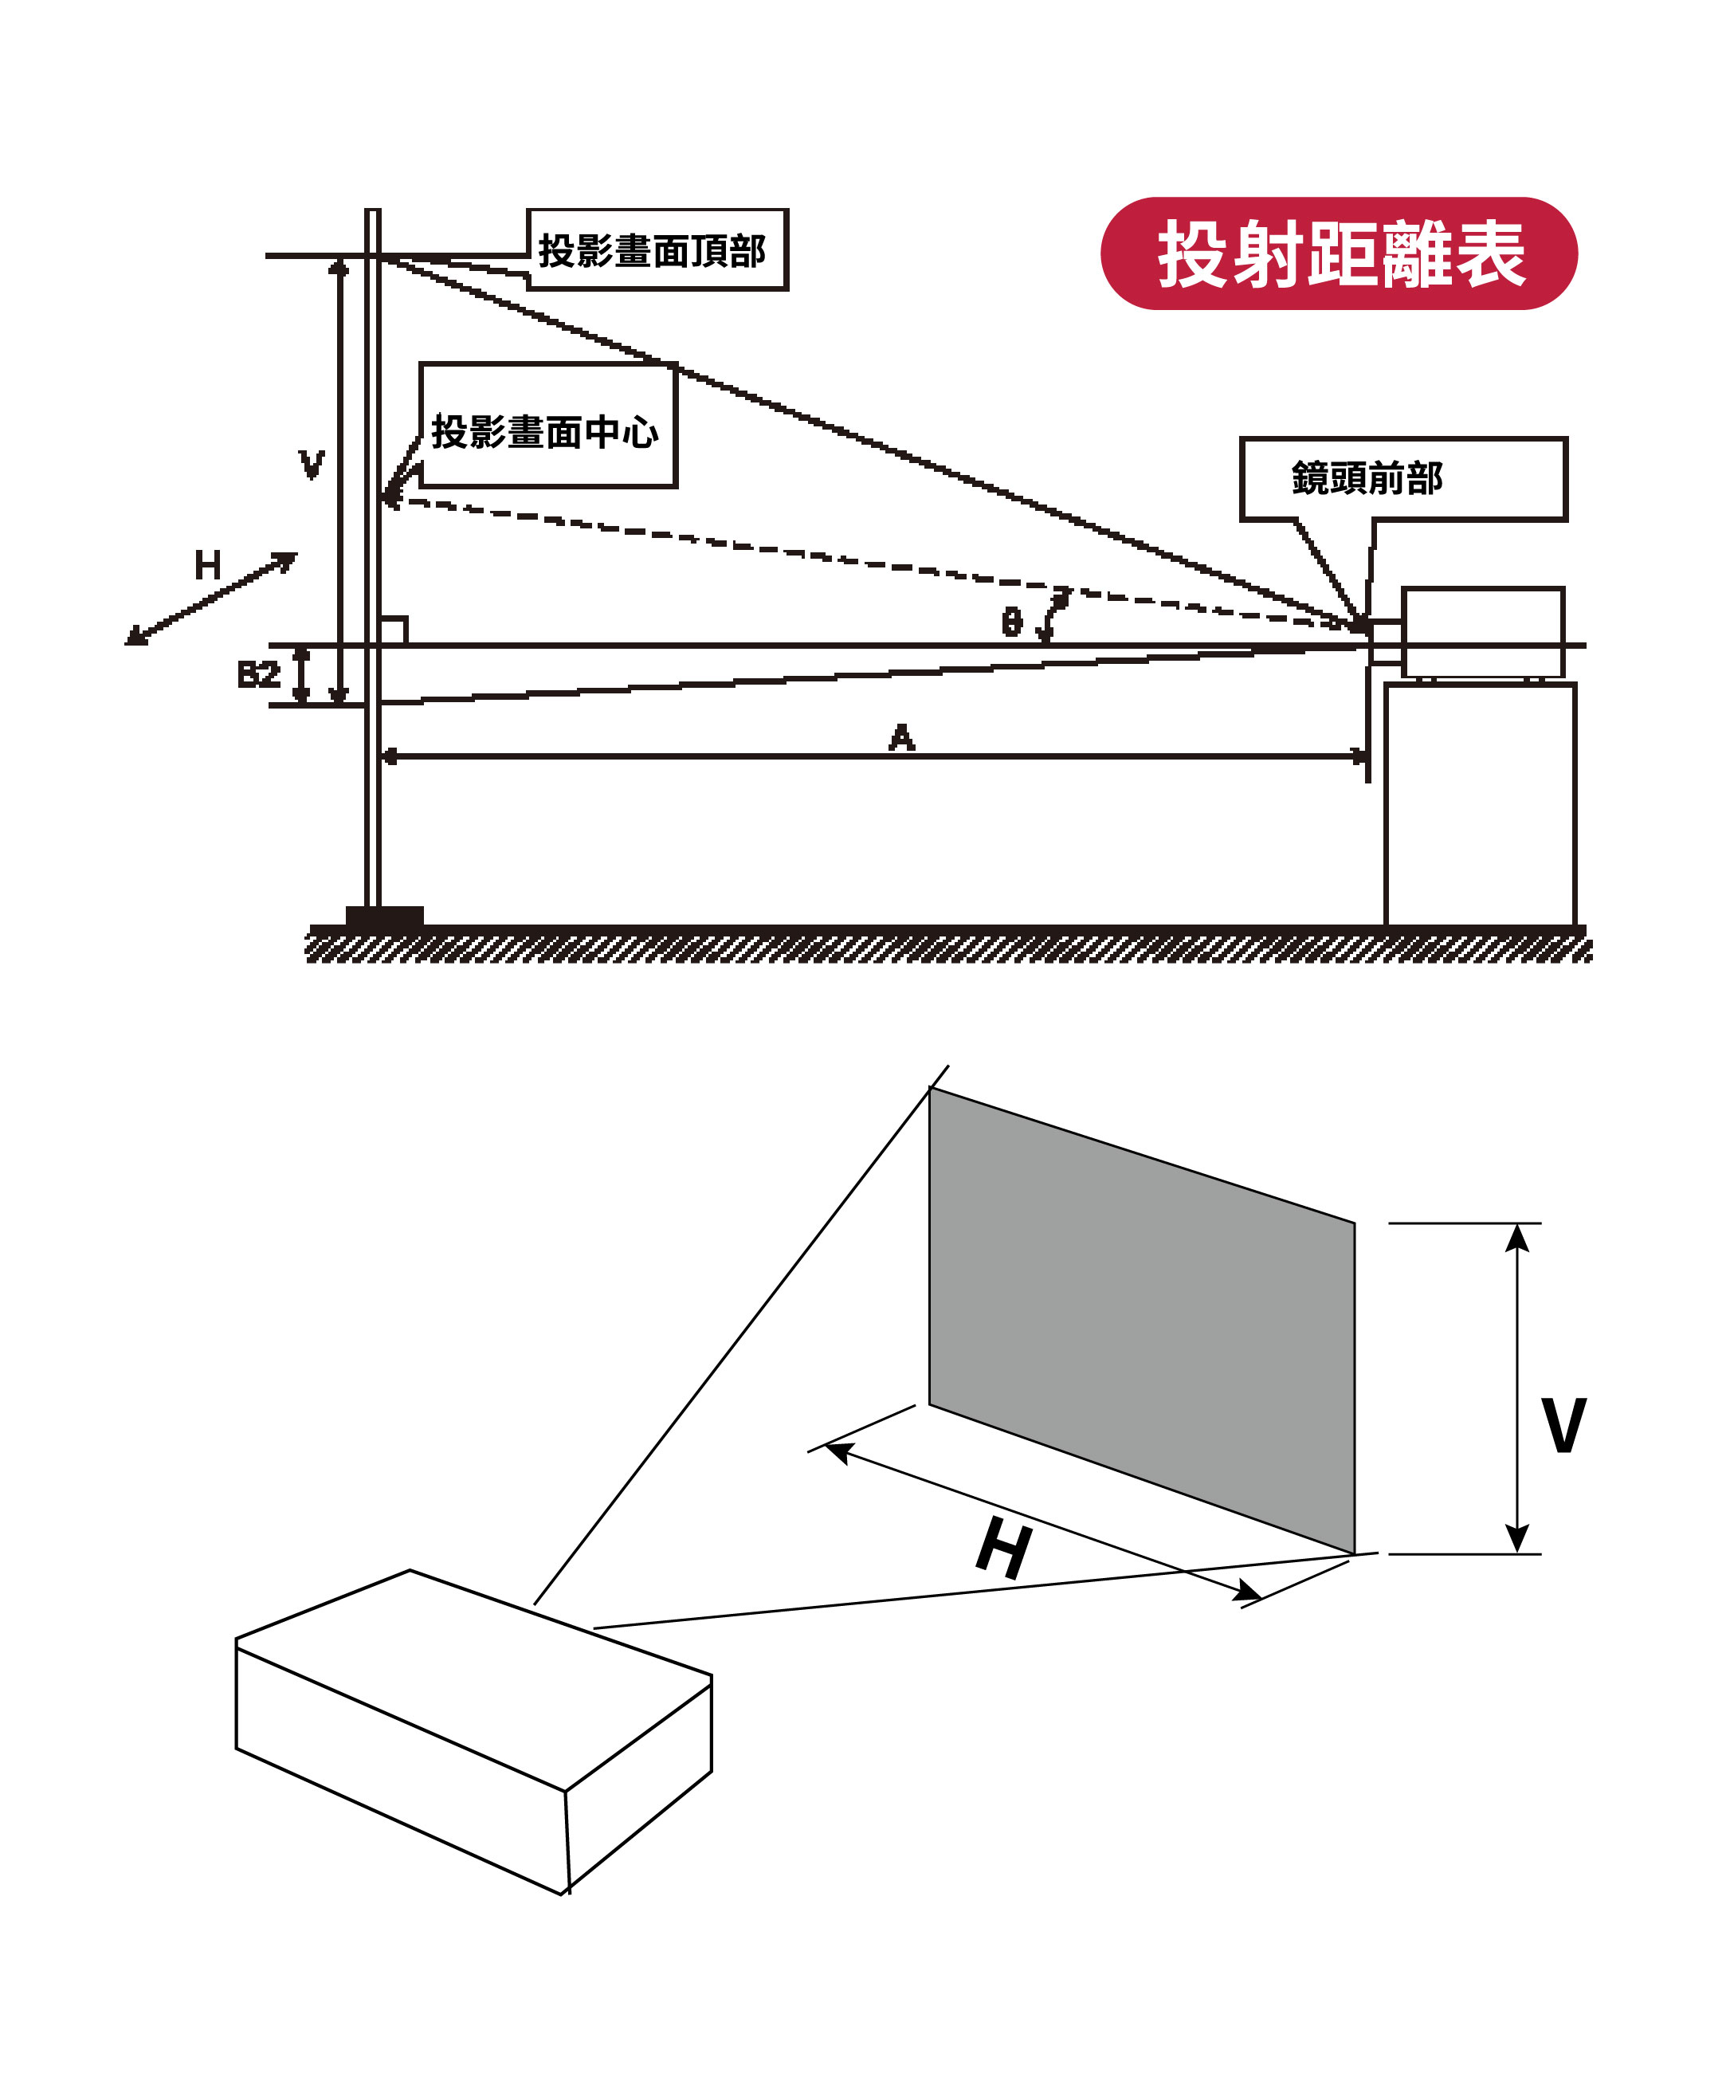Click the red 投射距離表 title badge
(1337, 253)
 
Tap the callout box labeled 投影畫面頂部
(656, 249)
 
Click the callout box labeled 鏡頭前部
(1402, 479)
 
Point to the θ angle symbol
(1011, 622)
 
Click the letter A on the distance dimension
(901, 737)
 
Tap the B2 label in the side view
(257, 674)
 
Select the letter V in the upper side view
(312, 463)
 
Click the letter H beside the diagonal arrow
(208, 566)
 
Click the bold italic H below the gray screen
(1004, 1550)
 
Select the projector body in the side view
(1481, 631)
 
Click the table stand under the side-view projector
(1479, 803)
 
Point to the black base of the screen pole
(384, 916)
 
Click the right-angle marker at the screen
(393, 630)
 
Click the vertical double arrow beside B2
(303, 676)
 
